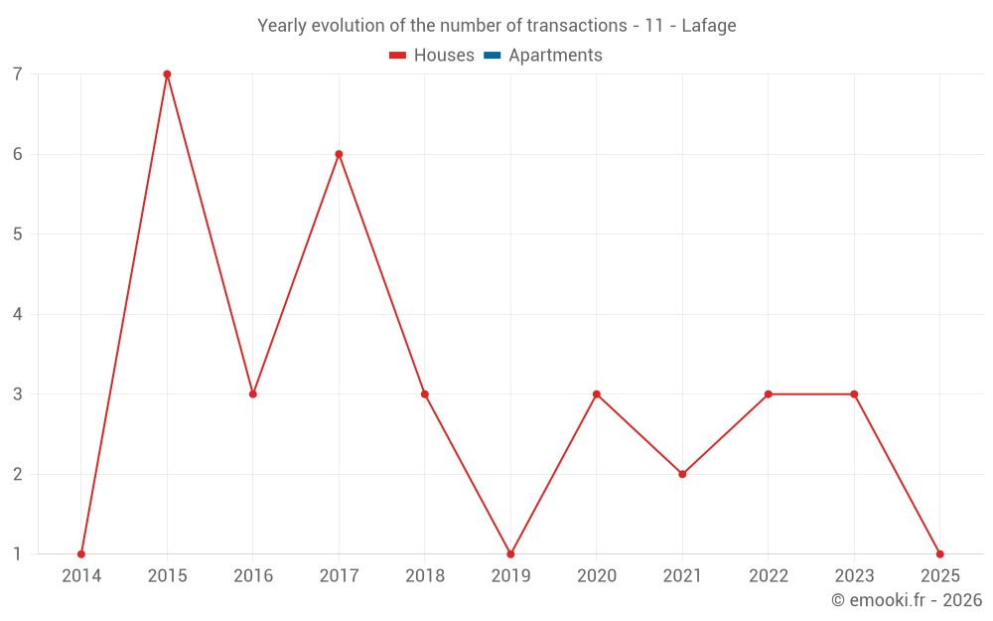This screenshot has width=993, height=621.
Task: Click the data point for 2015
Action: point(167,75)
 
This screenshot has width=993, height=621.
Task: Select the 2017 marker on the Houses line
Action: point(339,154)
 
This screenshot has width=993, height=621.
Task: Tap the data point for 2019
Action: point(510,553)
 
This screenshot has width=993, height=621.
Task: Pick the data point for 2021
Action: point(682,474)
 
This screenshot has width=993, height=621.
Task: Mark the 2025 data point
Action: point(939,553)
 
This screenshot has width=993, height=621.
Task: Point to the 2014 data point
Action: point(81,553)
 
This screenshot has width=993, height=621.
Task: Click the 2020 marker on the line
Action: point(597,394)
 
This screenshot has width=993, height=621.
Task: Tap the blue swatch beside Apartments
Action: point(493,56)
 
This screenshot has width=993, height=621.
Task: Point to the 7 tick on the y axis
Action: point(18,75)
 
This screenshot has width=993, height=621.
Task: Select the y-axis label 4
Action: point(18,314)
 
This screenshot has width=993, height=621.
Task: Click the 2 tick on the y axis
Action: point(18,474)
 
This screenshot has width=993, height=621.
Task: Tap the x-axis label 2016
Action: point(253,576)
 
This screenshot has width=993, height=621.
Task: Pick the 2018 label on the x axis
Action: point(425,576)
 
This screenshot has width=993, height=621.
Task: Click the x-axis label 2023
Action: point(854,576)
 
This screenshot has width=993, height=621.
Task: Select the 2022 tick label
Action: point(769,576)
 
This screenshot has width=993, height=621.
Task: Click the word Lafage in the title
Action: point(709,26)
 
